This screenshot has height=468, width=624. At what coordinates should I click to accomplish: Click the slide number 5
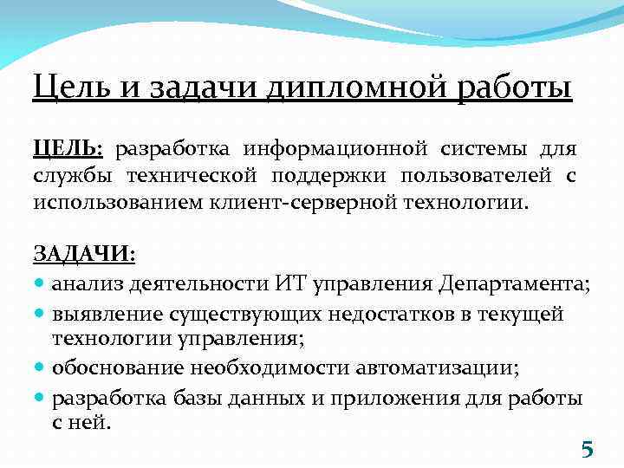(587, 449)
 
